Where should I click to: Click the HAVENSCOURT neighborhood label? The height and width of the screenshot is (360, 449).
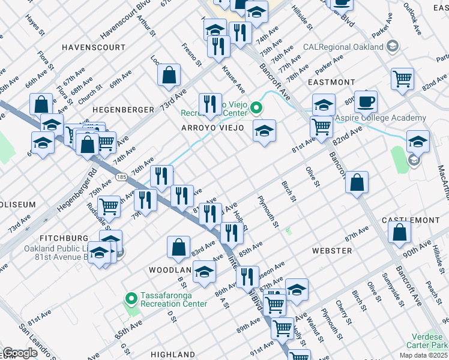[94, 47]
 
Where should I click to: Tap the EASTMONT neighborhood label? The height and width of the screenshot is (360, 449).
[328, 82]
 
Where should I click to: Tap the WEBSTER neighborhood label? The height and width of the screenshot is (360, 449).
[331, 250]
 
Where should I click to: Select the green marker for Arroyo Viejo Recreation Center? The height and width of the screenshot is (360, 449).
[256, 108]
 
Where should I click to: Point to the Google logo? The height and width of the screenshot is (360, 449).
[20, 353]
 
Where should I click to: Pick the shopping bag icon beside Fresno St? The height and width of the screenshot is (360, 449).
[169, 74]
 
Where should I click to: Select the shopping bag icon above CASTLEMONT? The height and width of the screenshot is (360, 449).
[357, 182]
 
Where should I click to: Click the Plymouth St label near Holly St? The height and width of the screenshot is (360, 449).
[268, 212]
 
